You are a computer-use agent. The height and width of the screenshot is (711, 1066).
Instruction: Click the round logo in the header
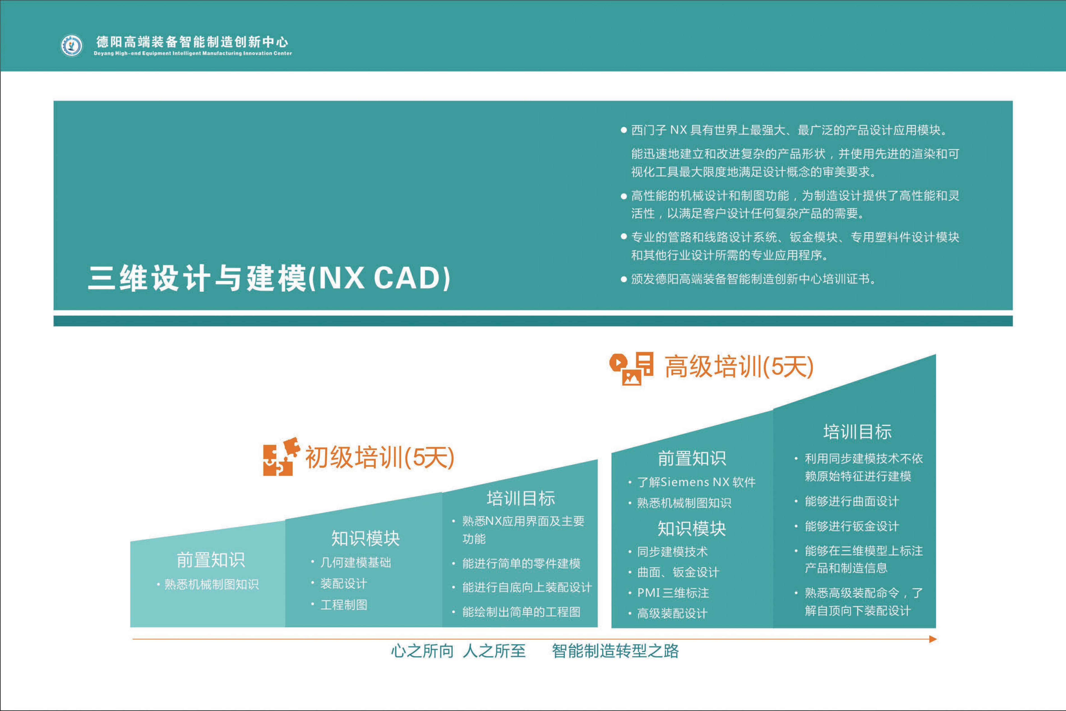(72, 45)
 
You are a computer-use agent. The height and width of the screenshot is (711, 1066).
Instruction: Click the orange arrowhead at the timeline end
(933, 639)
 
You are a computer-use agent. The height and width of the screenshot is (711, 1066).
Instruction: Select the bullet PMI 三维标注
(673, 593)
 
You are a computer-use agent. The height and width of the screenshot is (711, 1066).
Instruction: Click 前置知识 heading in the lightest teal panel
(211, 560)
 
